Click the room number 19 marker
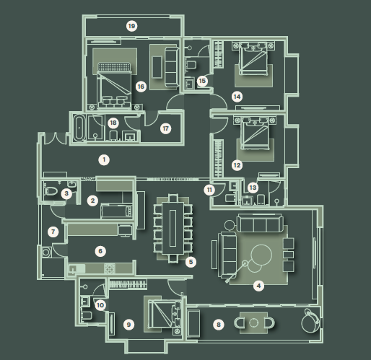pyautogui.click(x=131, y=26)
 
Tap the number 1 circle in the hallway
pyautogui.click(x=104, y=159)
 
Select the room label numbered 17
pyautogui.click(x=165, y=128)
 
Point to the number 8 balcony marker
pyautogui.click(x=219, y=325)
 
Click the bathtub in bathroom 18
pyautogui.click(x=79, y=128)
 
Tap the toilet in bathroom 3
pyautogui.click(x=51, y=191)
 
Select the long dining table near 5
pyautogui.click(x=173, y=228)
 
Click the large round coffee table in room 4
pyautogui.click(x=261, y=255)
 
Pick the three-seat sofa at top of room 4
pyautogui.click(x=260, y=224)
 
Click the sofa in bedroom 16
pyautogui.click(x=172, y=67)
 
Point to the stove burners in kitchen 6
pyautogui.click(x=110, y=269)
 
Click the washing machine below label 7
pyautogui.click(x=46, y=252)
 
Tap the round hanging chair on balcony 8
pyautogui.click(x=310, y=321)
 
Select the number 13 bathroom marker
pyautogui.click(x=253, y=188)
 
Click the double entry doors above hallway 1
pyautogui.click(x=56, y=139)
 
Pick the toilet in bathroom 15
pyautogui.click(x=191, y=65)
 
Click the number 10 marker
pyautogui.click(x=100, y=305)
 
